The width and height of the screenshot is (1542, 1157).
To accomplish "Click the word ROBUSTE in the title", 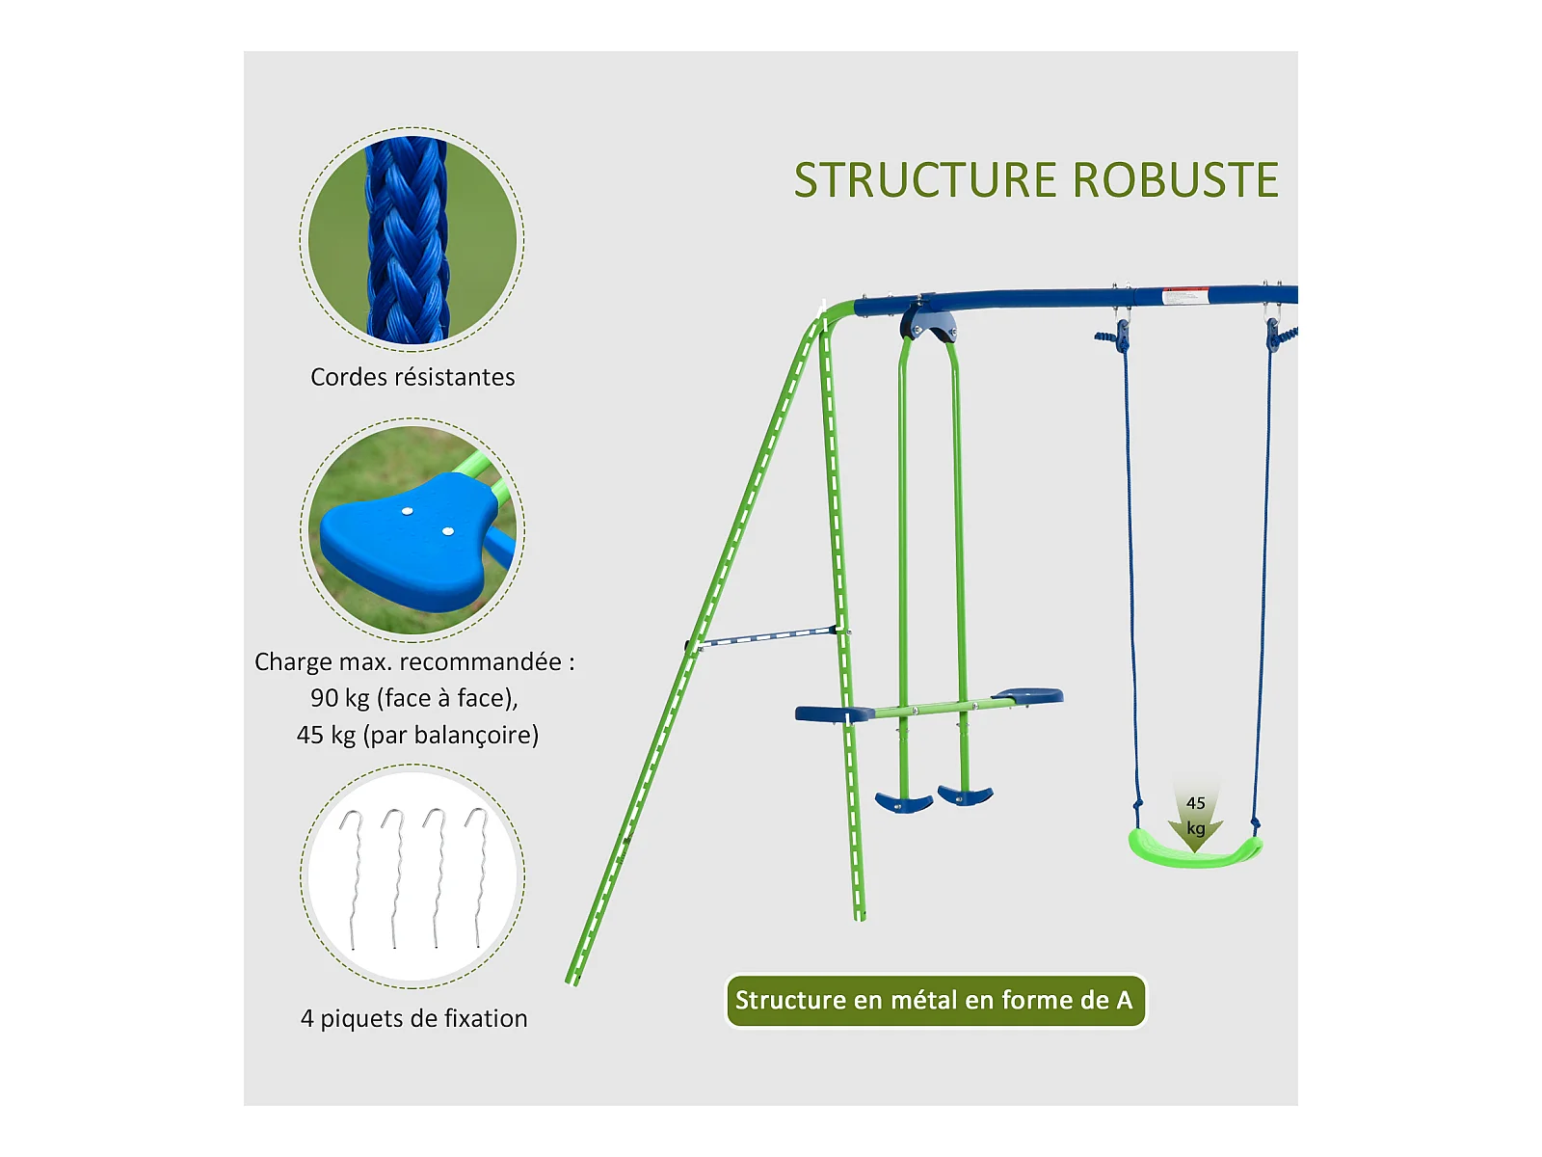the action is (x=1175, y=180).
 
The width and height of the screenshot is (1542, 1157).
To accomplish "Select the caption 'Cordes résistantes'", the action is (x=412, y=377).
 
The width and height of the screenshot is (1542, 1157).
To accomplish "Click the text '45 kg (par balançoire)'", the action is (x=417, y=735).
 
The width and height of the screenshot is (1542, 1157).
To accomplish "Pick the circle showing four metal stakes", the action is (x=412, y=876).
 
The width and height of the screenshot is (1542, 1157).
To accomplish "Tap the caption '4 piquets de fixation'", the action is (x=413, y=1018).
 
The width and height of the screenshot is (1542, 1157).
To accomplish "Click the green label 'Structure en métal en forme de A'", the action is (x=935, y=1001).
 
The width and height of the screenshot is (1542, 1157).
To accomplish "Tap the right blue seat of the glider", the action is (x=1029, y=695).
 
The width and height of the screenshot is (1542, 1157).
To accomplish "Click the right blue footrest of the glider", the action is (x=966, y=795).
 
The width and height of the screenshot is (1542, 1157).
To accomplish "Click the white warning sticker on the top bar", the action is (x=1184, y=295).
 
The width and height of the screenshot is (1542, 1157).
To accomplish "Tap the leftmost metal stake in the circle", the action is (x=353, y=877).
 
